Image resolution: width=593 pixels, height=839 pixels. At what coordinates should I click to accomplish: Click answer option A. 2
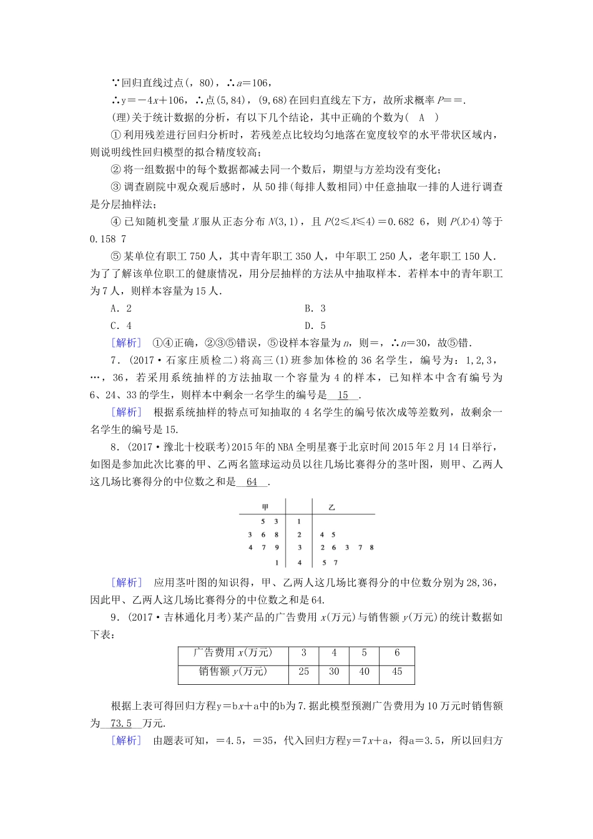[x=121, y=308]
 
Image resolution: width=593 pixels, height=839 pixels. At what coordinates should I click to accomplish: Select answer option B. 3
[x=315, y=308]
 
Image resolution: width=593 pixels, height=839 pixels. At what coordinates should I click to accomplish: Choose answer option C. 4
[x=121, y=325]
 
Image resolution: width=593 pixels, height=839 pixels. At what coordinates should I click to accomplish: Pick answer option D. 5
[x=315, y=325]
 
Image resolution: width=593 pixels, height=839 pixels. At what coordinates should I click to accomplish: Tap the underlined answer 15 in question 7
[x=343, y=395]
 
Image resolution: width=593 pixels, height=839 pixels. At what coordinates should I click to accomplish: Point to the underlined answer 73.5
[x=120, y=724]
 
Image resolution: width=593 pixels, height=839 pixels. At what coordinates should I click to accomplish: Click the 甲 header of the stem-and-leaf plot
[x=265, y=507]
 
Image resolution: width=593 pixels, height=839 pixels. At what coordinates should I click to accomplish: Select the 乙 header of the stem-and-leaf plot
[x=332, y=507]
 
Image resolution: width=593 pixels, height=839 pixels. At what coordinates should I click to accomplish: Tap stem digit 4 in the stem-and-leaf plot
[x=300, y=562]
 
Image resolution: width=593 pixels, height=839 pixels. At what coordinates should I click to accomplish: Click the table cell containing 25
[x=304, y=672]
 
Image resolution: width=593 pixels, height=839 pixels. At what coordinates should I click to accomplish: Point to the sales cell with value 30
[x=334, y=672]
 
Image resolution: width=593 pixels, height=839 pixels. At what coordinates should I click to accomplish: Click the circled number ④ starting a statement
[x=115, y=222]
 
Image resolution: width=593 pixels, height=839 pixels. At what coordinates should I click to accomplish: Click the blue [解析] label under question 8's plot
[x=125, y=582]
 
